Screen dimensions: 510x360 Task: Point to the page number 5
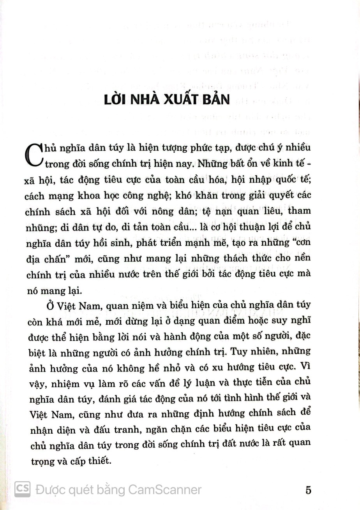309,490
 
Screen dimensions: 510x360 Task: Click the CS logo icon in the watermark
23,489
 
